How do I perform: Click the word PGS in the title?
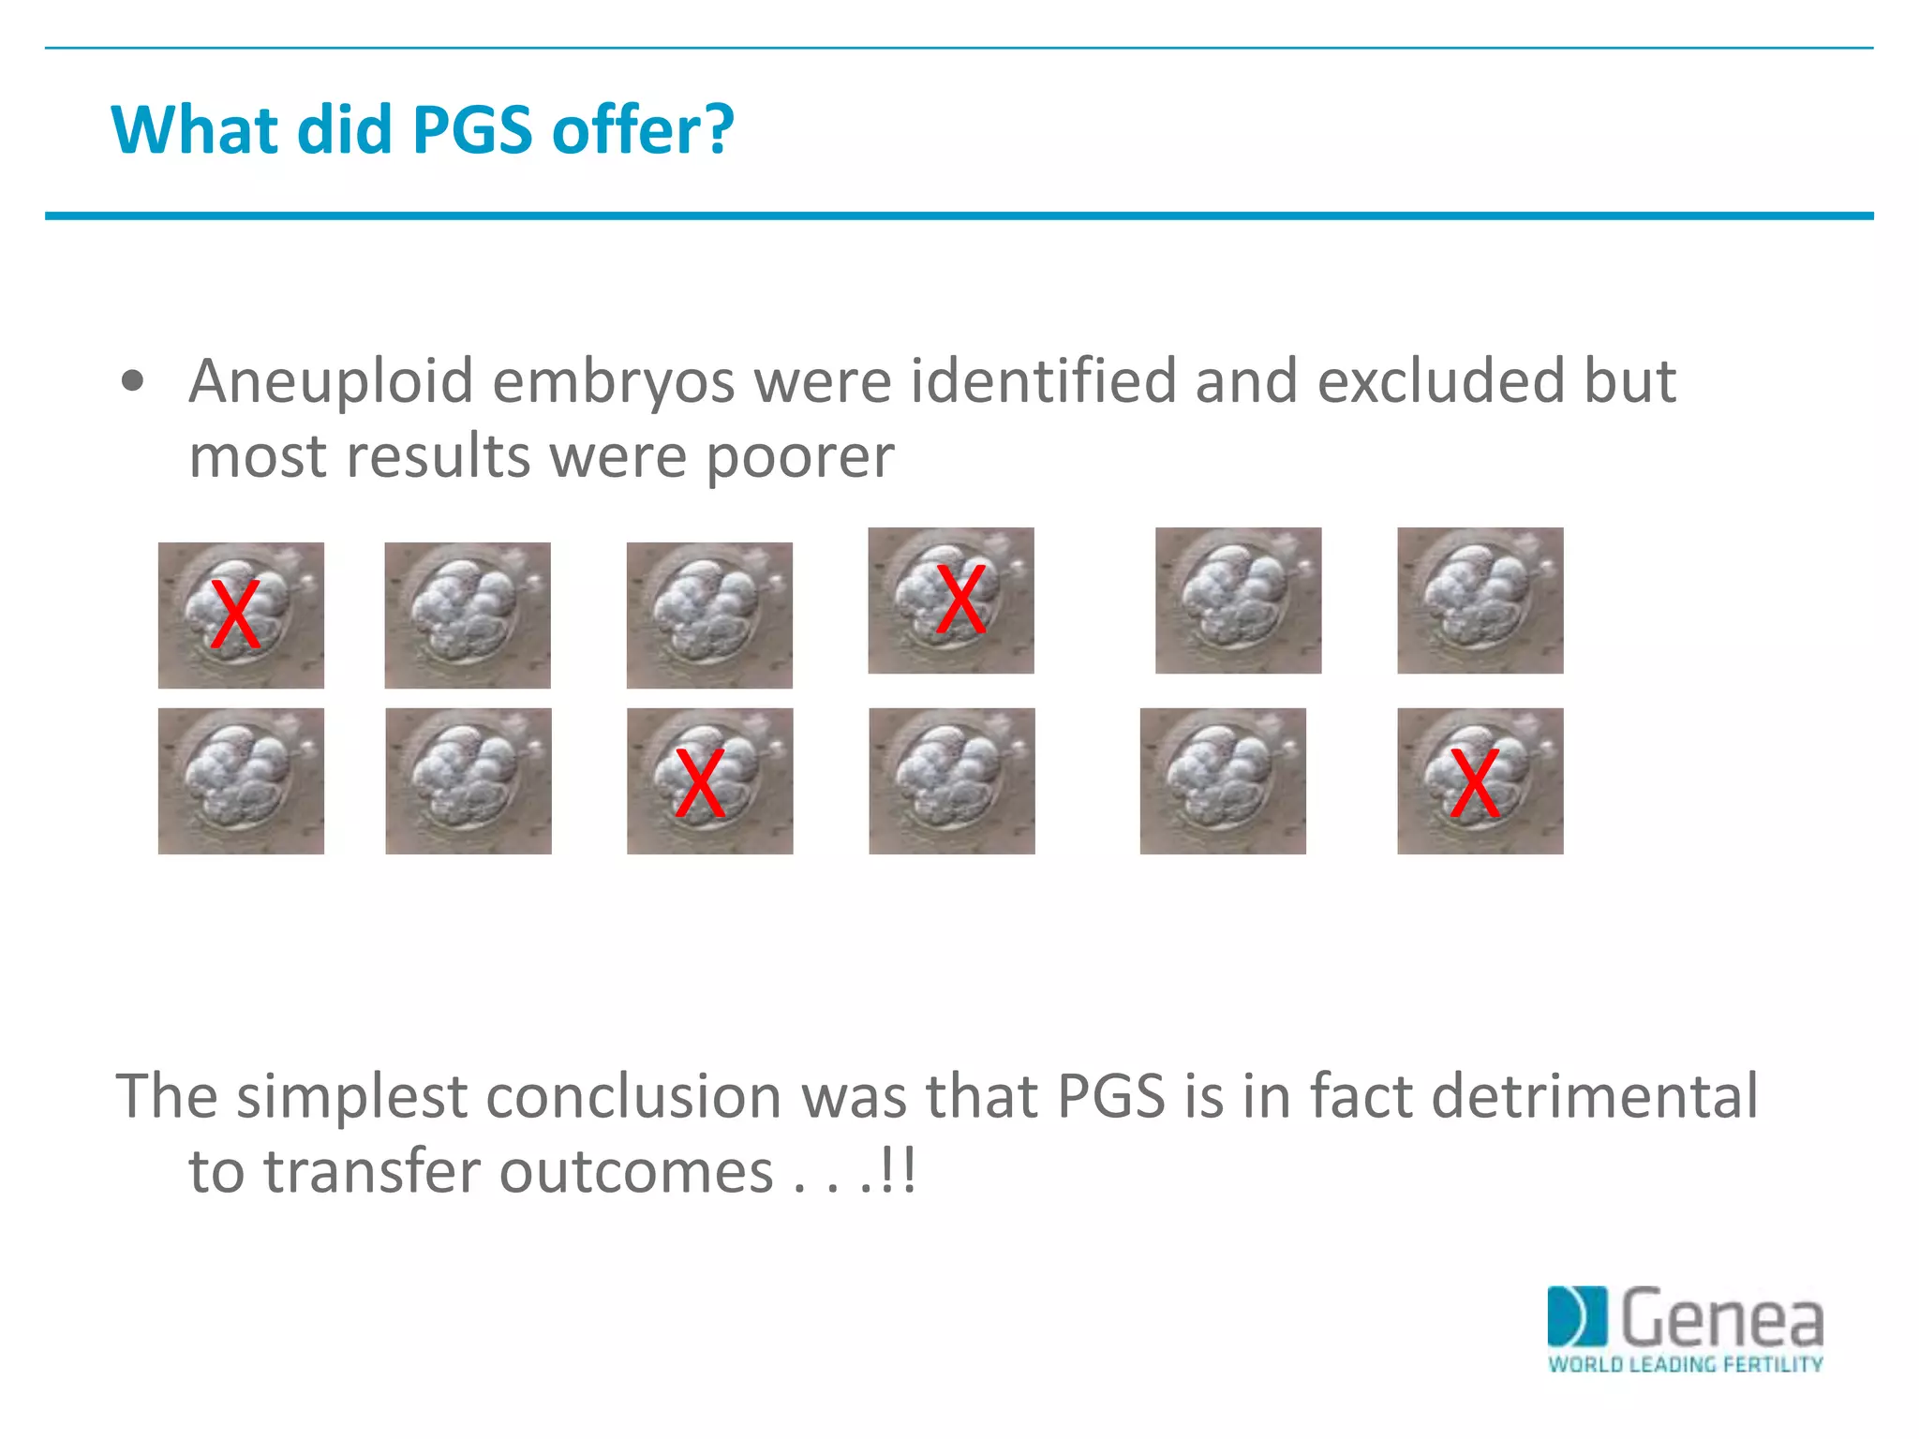472,129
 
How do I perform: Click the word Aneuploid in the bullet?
332,381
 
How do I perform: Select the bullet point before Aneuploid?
133,381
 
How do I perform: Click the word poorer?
799,457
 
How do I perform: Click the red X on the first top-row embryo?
234,615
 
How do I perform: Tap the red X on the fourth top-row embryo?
961,600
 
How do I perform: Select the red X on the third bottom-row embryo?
700,783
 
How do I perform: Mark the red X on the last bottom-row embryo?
1475,783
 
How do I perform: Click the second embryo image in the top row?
468,616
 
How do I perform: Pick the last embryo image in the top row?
1480,601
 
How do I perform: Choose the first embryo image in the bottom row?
241,780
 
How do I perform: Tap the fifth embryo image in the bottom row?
1222,780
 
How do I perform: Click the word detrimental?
1595,1096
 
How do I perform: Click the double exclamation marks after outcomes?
898,1171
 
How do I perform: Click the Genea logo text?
1721,1318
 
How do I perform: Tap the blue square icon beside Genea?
1576,1316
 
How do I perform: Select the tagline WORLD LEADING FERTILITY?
1685,1365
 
